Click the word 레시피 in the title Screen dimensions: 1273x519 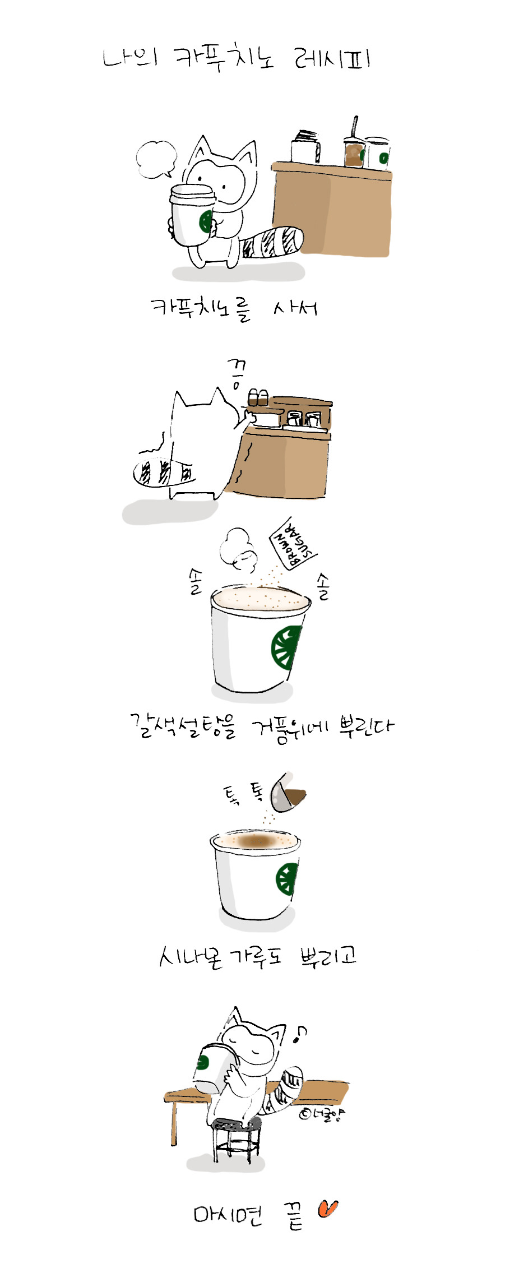(x=332, y=58)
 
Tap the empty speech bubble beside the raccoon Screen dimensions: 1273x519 (x=156, y=158)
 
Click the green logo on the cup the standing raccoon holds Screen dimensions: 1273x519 (x=206, y=221)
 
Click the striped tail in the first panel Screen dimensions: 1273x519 (x=274, y=243)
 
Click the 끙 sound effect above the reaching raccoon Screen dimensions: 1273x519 (x=238, y=373)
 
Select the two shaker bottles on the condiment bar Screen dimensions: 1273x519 (x=258, y=397)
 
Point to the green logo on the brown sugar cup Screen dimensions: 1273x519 (x=285, y=648)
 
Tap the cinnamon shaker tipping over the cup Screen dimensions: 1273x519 (x=287, y=791)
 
